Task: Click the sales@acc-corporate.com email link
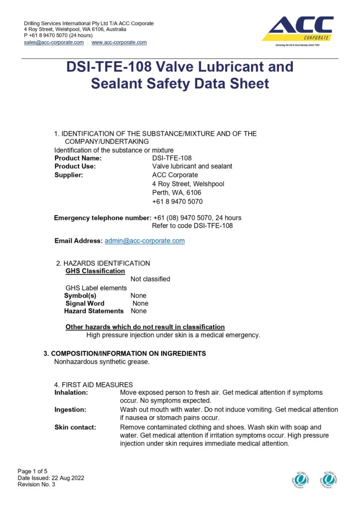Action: (54, 43)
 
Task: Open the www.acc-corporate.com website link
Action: (119, 43)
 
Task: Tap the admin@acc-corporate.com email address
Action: (144, 241)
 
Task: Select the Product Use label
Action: (75, 167)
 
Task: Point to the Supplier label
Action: (69, 175)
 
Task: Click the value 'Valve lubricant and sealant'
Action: (192, 167)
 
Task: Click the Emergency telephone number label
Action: (102, 218)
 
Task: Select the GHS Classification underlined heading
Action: (95, 271)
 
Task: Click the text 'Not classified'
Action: (150, 279)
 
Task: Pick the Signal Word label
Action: (85, 303)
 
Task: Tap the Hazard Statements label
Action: (94, 311)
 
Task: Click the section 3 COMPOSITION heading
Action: (124, 353)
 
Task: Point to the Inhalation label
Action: (71, 393)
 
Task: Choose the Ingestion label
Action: (70, 410)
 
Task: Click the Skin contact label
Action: (75, 427)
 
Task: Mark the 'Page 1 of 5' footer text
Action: (33, 471)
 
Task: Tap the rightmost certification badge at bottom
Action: (329, 479)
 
